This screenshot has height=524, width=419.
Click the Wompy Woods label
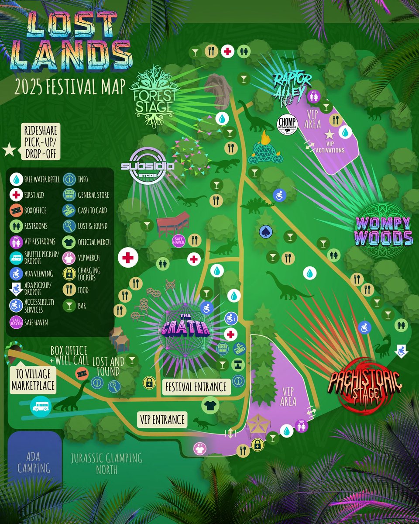[384, 231]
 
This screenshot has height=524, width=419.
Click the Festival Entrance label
[196, 386]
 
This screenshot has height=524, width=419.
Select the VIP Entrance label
[162, 420]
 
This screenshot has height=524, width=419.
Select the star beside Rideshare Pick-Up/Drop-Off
[9, 150]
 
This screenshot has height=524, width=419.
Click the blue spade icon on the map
[264, 231]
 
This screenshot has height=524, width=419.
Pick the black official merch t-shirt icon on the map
[210, 405]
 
